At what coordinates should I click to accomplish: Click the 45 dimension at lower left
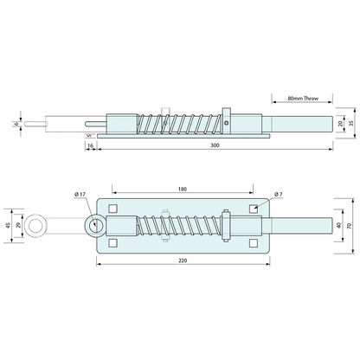click(8, 228)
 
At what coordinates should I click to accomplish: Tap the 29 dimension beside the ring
click(19, 228)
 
